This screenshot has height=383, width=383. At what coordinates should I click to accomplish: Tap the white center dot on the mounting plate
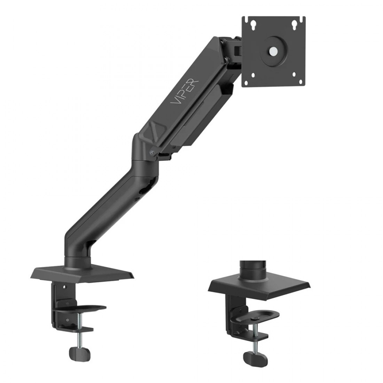tap(273, 51)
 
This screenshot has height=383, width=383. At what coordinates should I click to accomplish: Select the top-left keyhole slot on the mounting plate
tap(253, 24)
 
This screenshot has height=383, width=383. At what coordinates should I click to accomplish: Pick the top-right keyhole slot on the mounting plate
tap(294, 24)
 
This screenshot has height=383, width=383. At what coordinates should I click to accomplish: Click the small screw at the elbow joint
tap(152, 153)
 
